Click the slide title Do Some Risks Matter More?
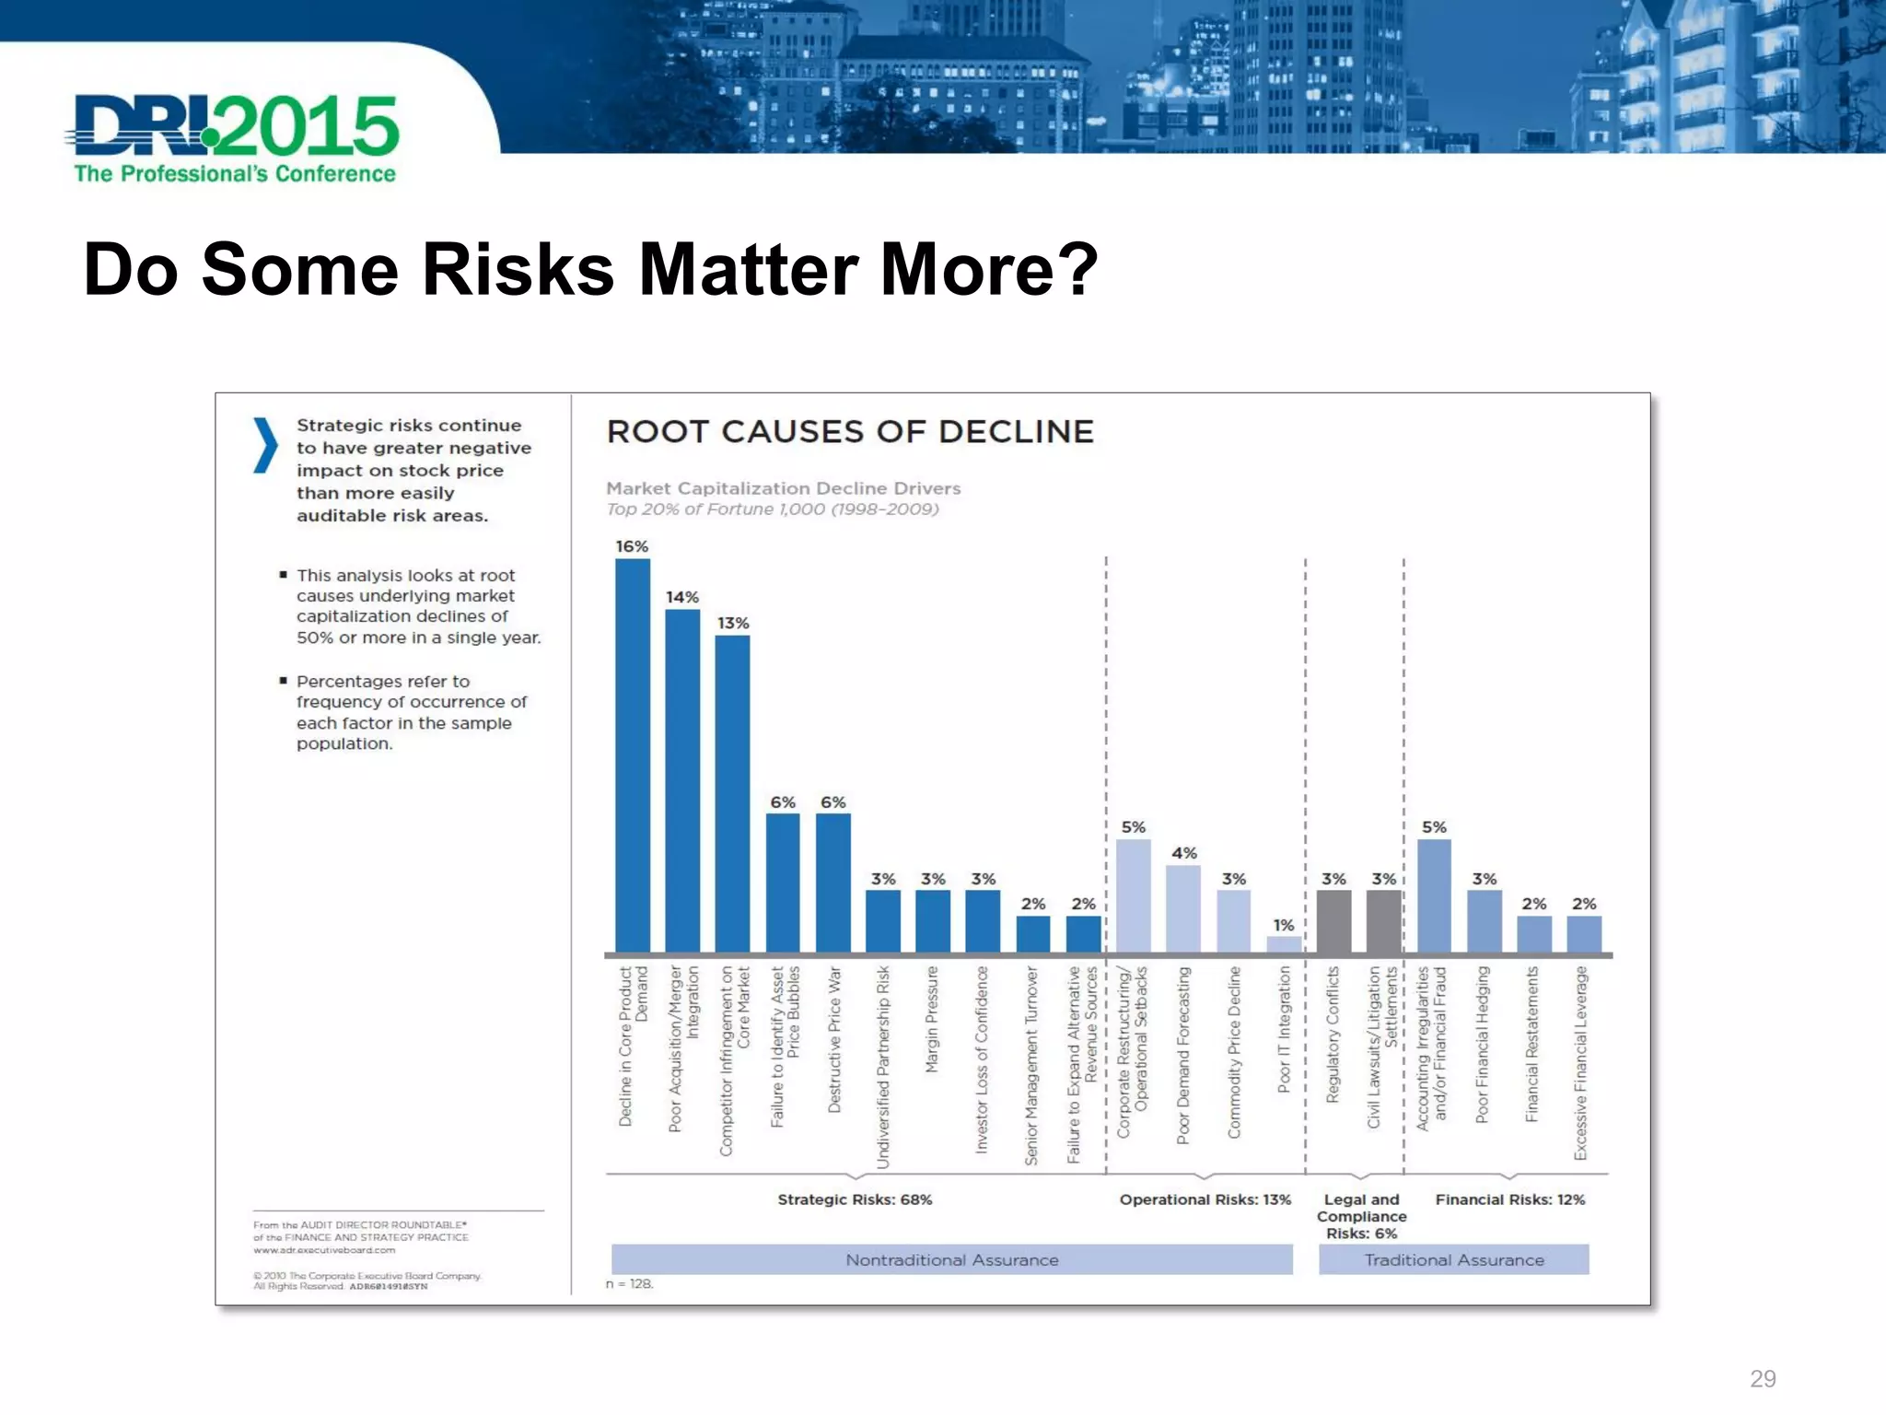click(589, 269)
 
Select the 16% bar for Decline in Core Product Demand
click(633, 755)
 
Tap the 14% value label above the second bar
click(682, 597)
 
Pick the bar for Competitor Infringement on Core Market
click(732, 792)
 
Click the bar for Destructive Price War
click(832, 883)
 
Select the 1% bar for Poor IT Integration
click(1284, 944)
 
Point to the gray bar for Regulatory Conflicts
click(1333, 921)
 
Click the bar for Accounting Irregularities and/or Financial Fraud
click(1434, 895)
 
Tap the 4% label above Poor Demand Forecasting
click(1184, 853)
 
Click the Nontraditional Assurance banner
click(951, 1259)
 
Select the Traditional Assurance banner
click(1453, 1259)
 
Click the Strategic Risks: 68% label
click(855, 1199)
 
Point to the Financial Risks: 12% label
click(1510, 1199)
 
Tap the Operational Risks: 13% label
click(1205, 1199)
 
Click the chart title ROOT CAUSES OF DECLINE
click(850, 431)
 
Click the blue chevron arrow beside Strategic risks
click(265, 445)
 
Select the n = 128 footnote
click(630, 1283)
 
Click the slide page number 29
click(1763, 1378)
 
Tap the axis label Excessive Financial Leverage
click(1581, 1062)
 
